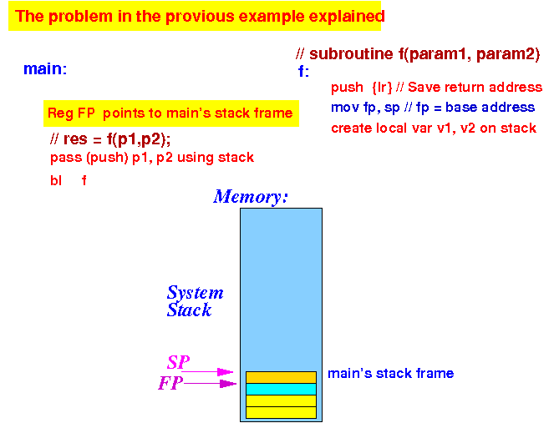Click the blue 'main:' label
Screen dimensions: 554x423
[45, 68]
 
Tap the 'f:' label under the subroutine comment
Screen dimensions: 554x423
[303, 71]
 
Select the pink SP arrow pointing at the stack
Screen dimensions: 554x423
[207, 372]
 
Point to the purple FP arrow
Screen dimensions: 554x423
[210, 384]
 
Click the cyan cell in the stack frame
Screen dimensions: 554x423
[281, 389]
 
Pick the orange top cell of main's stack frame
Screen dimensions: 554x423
[281, 377]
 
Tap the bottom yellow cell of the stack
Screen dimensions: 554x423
[281, 412]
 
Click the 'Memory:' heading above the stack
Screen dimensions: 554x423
[251, 197]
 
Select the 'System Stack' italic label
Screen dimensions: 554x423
[195, 301]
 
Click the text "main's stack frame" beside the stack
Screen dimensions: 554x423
[391, 373]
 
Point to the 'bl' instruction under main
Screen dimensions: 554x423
[56, 181]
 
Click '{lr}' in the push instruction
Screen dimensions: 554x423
[383, 87]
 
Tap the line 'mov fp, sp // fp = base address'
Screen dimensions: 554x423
[433, 108]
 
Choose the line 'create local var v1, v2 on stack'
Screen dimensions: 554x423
[434, 128]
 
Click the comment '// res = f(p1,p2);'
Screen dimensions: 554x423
[110, 139]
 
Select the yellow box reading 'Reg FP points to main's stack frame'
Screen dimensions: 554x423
[171, 113]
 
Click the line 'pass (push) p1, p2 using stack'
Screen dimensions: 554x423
[152, 158]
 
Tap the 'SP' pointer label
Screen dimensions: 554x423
[179, 362]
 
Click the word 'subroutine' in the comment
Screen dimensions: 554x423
[351, 54]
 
